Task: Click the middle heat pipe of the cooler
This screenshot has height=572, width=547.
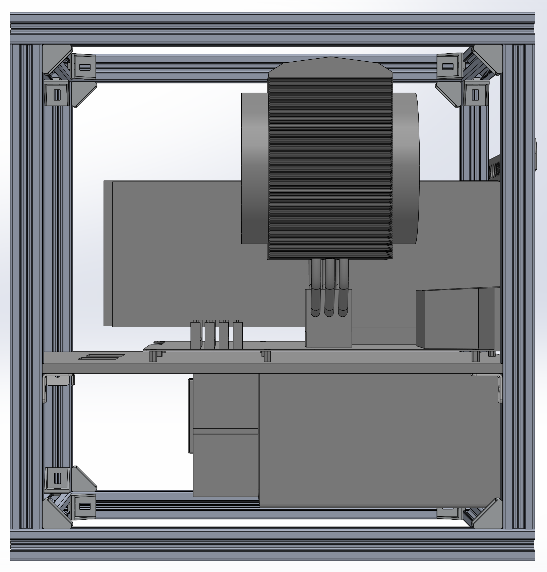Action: [329, 285]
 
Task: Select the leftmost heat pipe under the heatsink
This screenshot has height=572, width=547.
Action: [315, 285]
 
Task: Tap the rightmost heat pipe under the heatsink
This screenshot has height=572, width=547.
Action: [344, 285]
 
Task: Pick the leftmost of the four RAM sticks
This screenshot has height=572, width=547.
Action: [195, 335]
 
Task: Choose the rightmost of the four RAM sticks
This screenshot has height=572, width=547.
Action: [238, 335]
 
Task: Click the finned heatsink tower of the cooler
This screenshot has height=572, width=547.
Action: [330, 161]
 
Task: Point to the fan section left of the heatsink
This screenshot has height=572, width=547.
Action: [255, 168]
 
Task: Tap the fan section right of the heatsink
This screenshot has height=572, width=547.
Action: [406, 168]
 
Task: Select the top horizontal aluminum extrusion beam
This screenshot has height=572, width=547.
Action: [272, 28]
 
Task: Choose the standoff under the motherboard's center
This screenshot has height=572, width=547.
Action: [267, 357]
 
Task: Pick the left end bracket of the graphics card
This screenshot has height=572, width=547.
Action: [108, 253]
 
